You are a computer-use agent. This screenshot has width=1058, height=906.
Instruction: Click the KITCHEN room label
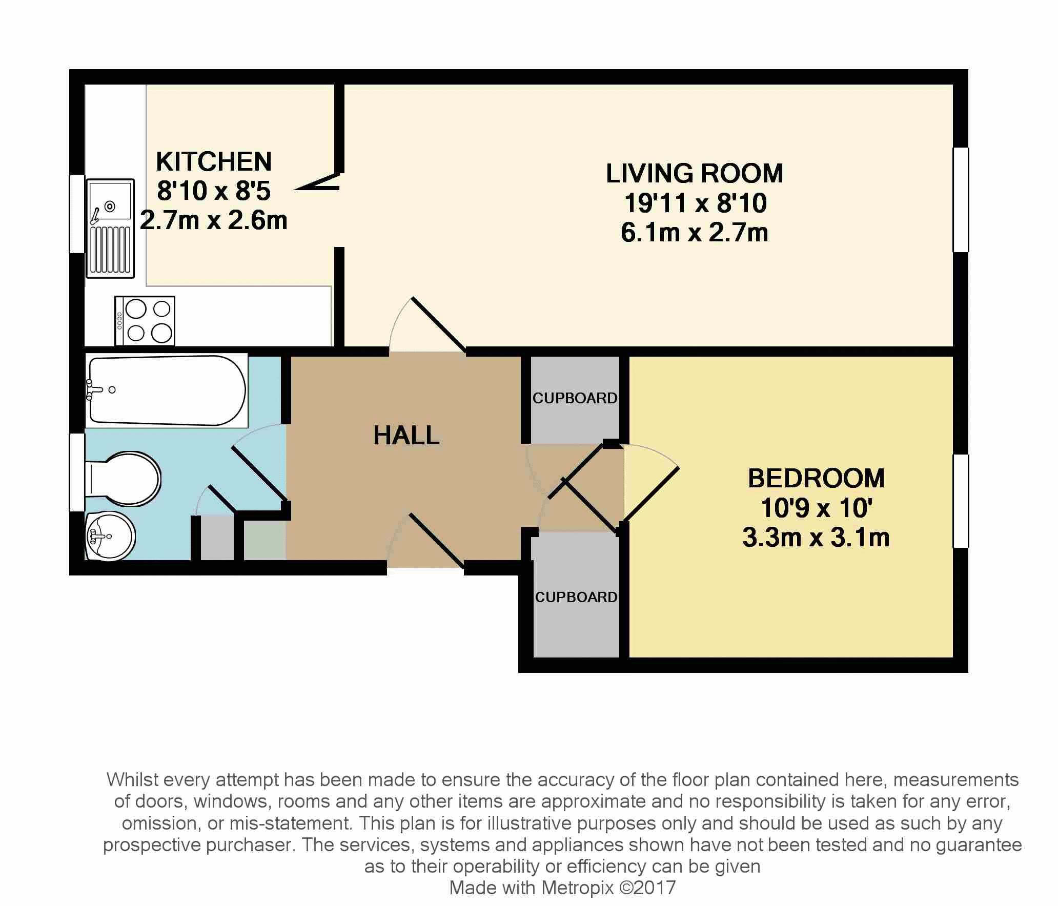tap(213, 161)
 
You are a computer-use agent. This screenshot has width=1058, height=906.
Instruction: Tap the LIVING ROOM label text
tap(695, 173)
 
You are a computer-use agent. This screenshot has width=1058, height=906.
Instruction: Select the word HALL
tap(406, 436)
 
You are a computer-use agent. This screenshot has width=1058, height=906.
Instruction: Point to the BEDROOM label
tap(816, 479)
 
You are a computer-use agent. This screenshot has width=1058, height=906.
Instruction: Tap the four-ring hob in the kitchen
tap(145, 321)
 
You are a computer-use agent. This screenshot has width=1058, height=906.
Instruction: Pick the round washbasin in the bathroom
tap(110, 536)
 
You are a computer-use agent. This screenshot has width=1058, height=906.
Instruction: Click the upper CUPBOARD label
tap(575, 398)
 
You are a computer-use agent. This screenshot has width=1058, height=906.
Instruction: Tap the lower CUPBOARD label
tap(576, 597)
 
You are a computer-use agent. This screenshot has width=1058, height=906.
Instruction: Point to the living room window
tap(961, 200)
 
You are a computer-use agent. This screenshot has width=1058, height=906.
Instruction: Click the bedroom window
tap(961, 501)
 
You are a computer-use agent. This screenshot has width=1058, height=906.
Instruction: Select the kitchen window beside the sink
tap(77, 214)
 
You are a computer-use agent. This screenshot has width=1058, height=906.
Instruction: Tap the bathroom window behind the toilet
tap(77, 472)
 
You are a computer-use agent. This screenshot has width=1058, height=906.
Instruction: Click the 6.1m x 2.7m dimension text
tap(695, 233)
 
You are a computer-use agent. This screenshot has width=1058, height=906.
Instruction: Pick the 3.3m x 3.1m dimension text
tap(816, 538)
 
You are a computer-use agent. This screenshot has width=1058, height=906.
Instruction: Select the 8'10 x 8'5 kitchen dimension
tap(213, 191)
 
